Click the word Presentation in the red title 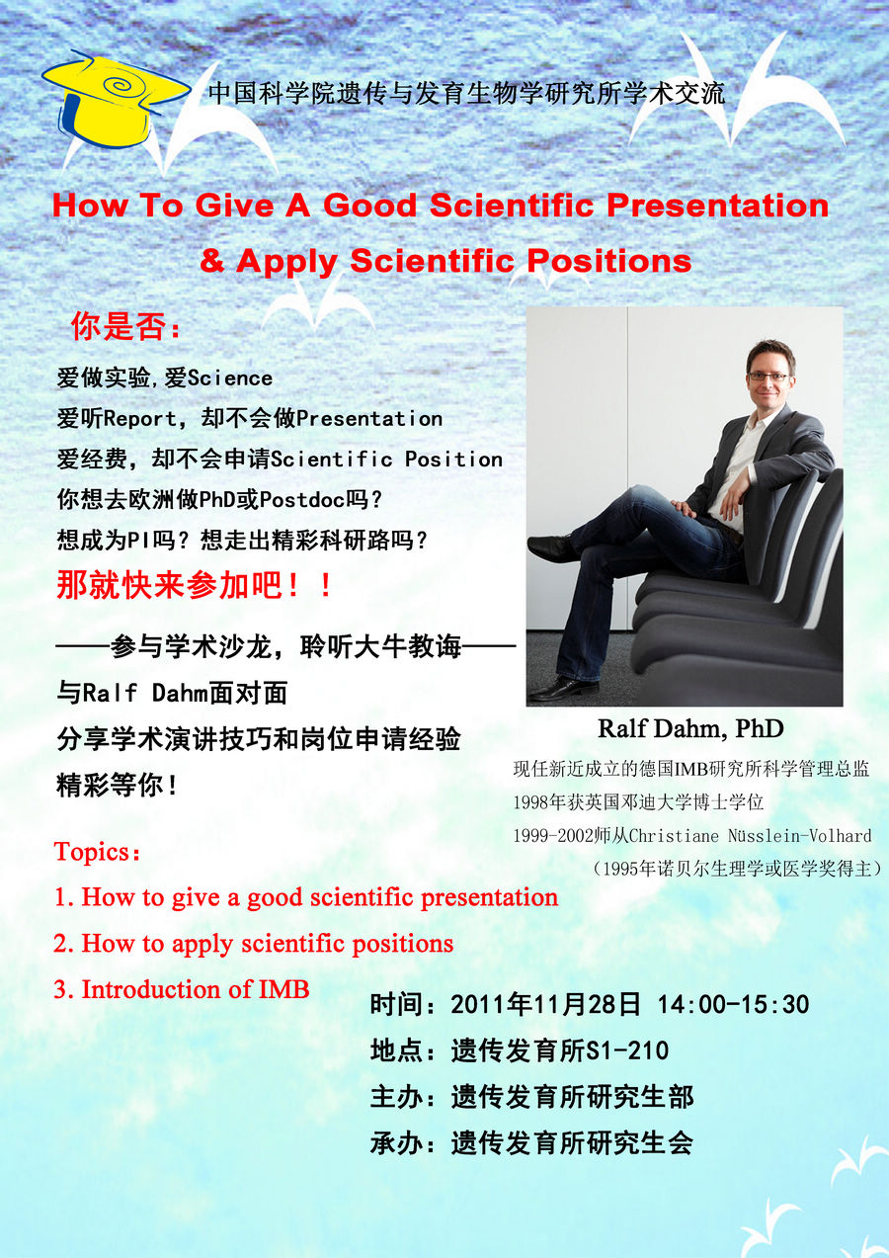click(x=717, y=206)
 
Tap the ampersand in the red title click(x=211, y=261)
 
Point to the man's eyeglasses click(x=768, y=377)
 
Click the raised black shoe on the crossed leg click(x=554, y=545)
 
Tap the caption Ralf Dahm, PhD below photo click(x=690, y=729)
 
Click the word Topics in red click(x=93, y=852)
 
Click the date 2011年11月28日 click(x=545, y=1004)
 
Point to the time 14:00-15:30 click(x=733, y=1004)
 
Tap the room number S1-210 click(x=627, y=1050)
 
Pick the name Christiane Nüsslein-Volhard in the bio click(x=751, y=836)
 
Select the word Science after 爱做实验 click(x=230, y=378)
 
